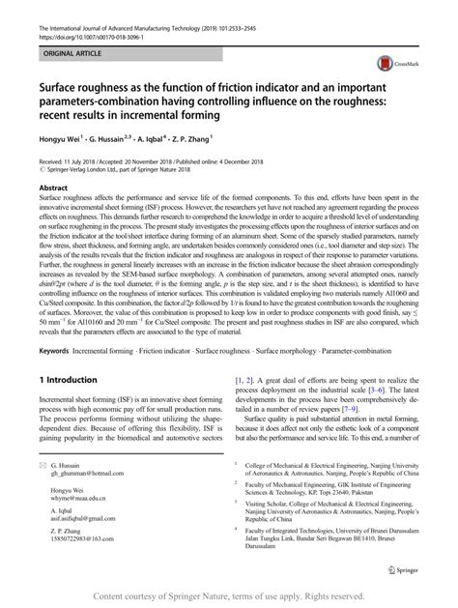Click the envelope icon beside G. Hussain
41,466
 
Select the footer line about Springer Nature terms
229,594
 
